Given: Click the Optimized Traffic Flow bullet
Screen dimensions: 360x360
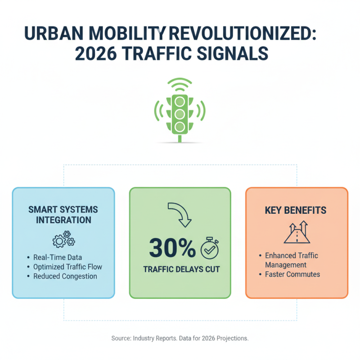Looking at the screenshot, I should [x=67, y=267].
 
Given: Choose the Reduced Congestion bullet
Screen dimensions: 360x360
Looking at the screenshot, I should [x=65, y=276].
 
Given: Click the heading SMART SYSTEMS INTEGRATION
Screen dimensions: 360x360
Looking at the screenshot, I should [x=63, y=215].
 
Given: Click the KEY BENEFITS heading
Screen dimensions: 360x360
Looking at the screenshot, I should [x=297, y=210].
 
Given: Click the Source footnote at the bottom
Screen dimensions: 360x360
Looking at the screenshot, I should [x=180, y=338].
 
